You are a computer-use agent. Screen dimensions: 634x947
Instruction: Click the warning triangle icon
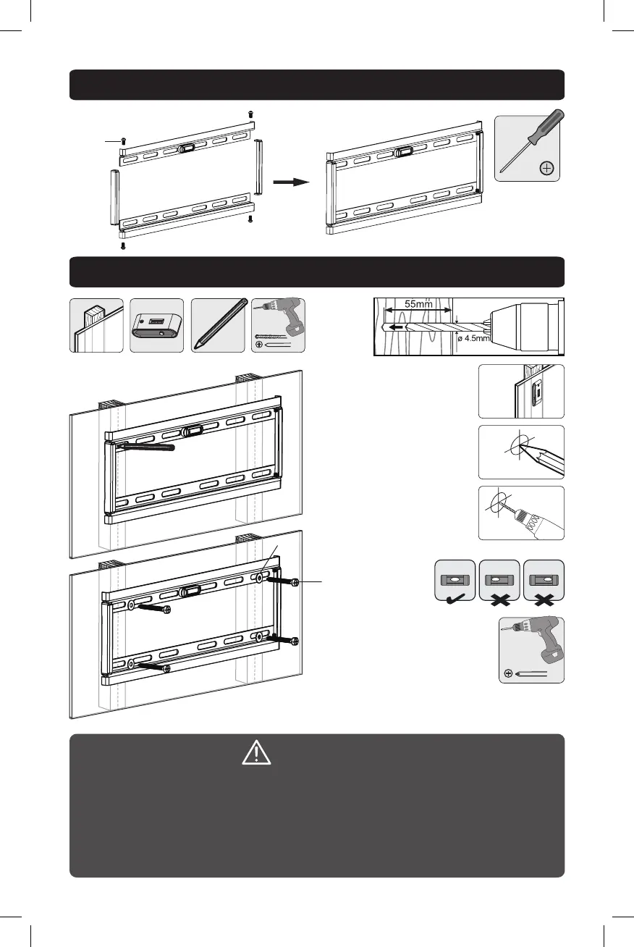tap(257, 755)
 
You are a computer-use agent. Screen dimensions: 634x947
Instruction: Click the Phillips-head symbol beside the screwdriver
tap(546, 169)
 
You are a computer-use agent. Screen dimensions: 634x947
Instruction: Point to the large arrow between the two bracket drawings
tap(291, 182)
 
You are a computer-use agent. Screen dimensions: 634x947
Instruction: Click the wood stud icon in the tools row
tap(96, 325)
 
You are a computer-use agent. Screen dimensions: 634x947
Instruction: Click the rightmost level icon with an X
tap(544, 580)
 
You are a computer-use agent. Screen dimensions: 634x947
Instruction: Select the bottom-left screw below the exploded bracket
tap(123, 245)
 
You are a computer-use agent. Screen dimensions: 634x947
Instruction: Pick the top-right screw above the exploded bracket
tap(250, 114)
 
